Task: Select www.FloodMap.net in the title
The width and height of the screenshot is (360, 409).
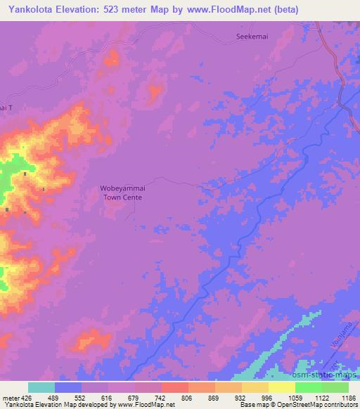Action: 224,10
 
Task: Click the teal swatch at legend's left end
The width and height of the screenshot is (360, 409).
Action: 41,387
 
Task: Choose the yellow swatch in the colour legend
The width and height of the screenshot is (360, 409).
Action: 282,387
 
